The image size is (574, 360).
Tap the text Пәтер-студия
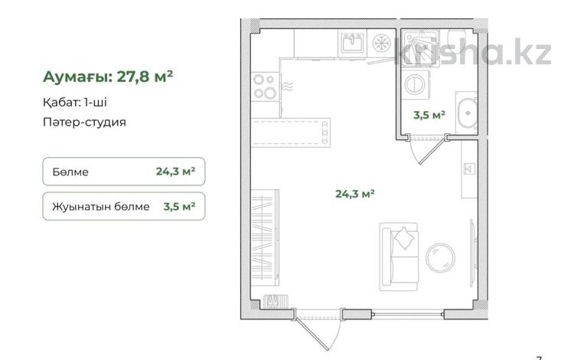point(85,121)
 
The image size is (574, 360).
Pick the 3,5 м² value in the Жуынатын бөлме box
point(177,206)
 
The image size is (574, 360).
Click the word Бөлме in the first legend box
point(72,172)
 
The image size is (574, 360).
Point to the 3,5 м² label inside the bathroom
point(429,116)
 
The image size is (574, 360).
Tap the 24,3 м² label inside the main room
point(354,194)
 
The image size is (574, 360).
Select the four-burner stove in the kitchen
point(265,85)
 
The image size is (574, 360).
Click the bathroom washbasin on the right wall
point(467,113)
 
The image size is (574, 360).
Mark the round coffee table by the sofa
point(439,257)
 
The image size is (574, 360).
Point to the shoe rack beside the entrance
point(272,300)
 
